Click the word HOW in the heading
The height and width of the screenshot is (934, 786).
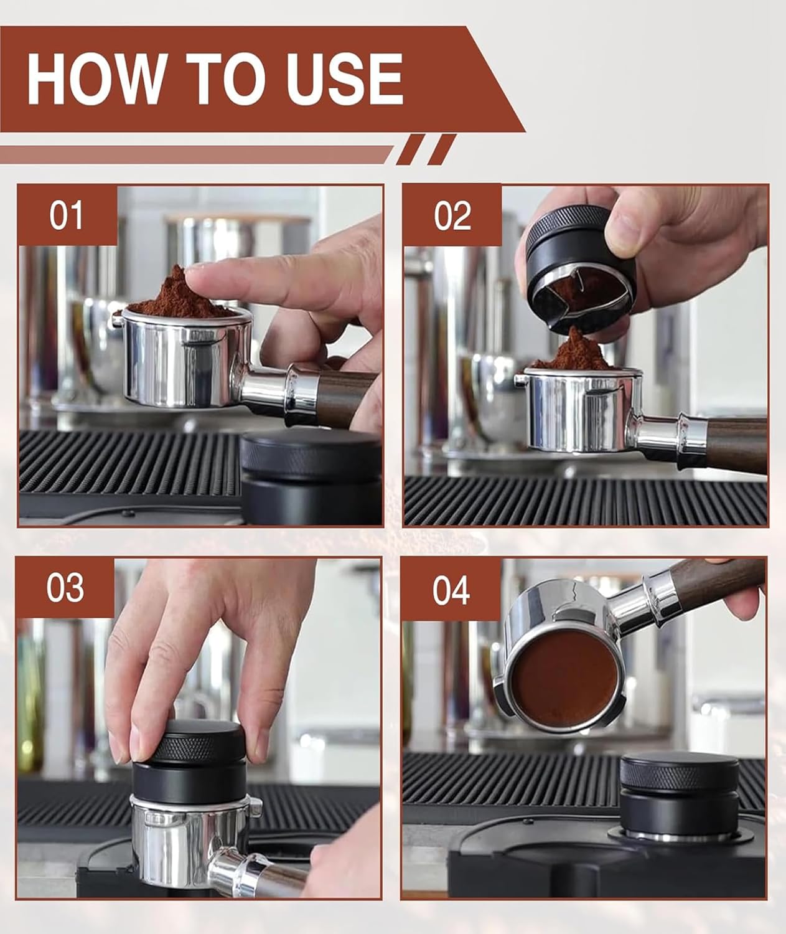coord(98,78)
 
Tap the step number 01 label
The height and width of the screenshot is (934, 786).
coord(66,215)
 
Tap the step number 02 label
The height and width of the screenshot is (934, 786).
coord(452,215)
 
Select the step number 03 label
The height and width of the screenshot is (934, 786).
coord(65,588)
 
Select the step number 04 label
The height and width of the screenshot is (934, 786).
coord(451,590)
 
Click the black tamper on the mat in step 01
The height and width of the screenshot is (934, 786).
coord(311,476)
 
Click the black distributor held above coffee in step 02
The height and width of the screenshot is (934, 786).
coord(580,268)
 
